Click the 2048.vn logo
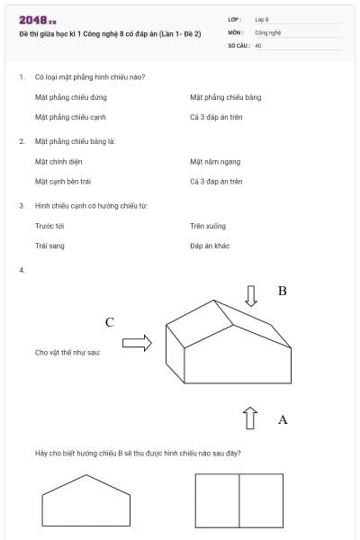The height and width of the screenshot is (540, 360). click(x=38, y=20)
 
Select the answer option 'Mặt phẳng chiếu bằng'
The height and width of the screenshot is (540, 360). click(x=225, y=97)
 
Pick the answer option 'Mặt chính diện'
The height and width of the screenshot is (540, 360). click(x=52, y=162)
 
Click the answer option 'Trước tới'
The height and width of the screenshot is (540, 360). click(x=49, y=226)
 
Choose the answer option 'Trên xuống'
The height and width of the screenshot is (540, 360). click(x=208, y=226)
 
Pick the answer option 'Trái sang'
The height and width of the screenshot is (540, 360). click(x=49, y=246)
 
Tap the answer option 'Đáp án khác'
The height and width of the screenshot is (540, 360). click(x=211, y=246)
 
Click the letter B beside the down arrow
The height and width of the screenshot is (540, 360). click(x=282, y=292)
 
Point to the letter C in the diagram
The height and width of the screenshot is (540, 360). click(x=110, y=321)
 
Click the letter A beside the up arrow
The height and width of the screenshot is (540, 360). click(x=283, y=419)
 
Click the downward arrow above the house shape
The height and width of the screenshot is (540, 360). click(x=251, y=295)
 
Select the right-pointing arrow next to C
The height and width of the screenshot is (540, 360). click(x=137, y=342)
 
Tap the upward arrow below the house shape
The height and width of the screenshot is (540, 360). click(x=250, y=418)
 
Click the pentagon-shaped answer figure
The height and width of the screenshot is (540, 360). click(x=85, y=500)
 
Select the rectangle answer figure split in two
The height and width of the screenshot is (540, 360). click(x=238, y=500)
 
